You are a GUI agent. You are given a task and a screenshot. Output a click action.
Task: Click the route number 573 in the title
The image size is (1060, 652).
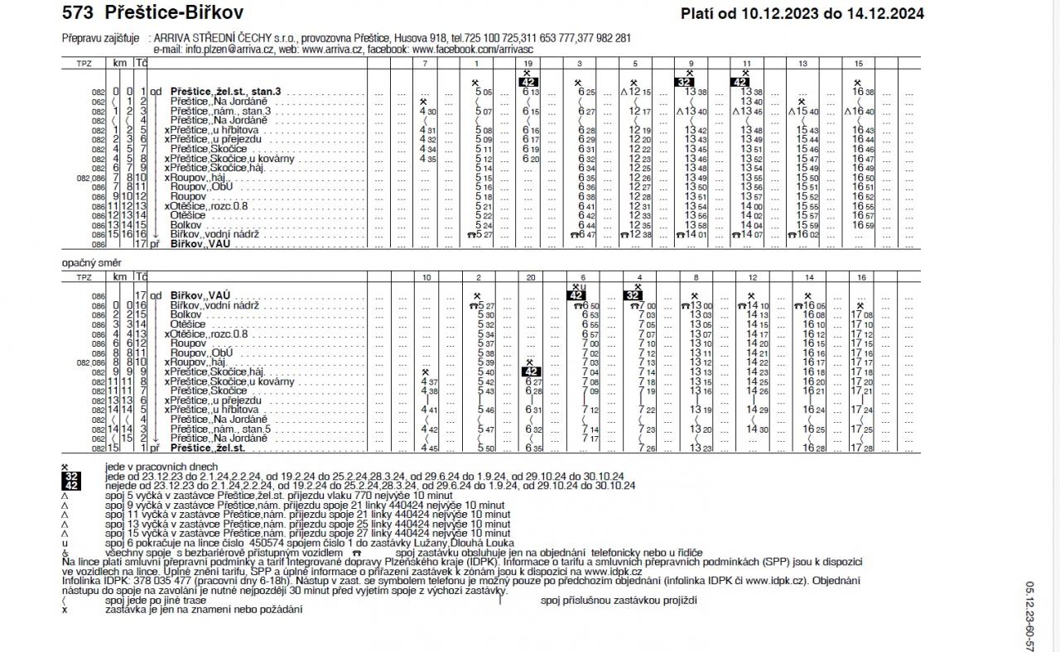[79, 12]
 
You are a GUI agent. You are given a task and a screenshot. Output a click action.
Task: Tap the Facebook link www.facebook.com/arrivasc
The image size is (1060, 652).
[477, 50]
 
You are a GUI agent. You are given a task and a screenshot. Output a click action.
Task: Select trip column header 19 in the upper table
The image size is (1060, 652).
[528, 64]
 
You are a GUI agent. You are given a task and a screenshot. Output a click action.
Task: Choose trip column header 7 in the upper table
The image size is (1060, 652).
[425, 64]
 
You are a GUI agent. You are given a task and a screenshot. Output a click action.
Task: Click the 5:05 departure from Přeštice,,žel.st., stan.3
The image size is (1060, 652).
[484, 92]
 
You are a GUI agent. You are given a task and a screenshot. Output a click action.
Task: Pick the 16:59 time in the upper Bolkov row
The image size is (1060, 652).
[865, 225]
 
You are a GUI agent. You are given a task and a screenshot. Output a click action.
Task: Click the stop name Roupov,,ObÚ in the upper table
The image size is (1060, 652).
[201, 187]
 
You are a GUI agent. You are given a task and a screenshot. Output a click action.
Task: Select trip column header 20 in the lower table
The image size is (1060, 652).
[530, 279]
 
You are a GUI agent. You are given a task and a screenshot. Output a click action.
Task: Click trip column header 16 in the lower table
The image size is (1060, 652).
[861, 279]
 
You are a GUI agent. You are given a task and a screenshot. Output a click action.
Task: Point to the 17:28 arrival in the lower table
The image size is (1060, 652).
[862, 448]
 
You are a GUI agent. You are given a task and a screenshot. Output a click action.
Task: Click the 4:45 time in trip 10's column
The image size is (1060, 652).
[429, 448]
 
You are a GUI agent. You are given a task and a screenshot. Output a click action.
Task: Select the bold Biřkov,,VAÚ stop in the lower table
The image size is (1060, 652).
[200, 295]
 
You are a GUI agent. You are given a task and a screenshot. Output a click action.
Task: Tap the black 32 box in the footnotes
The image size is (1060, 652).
[71, 477]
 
